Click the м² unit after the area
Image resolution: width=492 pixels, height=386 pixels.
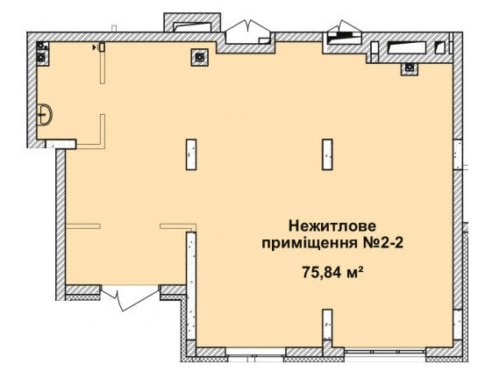(354, 271)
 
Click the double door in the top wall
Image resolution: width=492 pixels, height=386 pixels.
(251, 34)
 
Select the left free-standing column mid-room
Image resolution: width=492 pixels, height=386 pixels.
(191, 154)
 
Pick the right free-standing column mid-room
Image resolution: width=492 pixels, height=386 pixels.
(327, 154)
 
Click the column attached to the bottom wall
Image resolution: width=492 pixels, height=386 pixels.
(327, 328)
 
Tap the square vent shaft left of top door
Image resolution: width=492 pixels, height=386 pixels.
(200, 56)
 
